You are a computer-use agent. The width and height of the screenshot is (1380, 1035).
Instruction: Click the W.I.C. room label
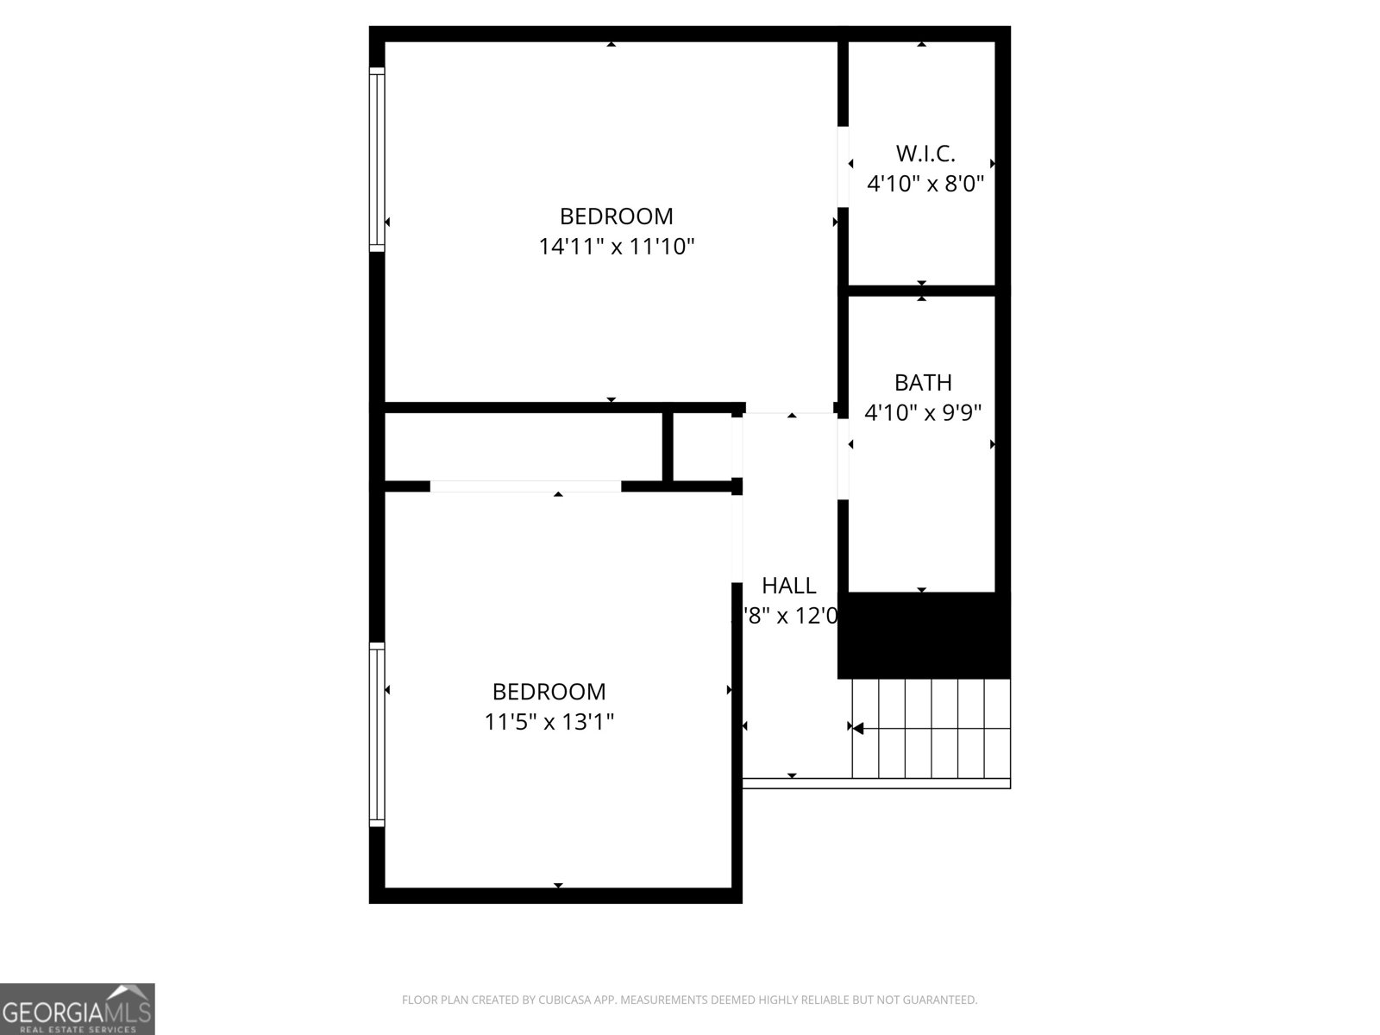(925, 154)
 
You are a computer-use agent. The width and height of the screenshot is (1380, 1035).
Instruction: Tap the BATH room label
(923, 382)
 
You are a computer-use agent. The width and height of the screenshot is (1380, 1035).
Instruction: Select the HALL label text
(788, 586)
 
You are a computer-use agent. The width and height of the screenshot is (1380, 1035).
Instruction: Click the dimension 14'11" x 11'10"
(617, 247)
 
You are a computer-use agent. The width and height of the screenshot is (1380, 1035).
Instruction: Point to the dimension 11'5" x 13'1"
(549, 721)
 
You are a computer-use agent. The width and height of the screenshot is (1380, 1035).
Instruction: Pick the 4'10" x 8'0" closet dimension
(925, 184)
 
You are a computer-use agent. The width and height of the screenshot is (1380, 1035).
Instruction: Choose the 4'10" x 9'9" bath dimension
(923, 412)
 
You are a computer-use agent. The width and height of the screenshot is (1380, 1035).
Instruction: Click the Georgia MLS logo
(77, 1008)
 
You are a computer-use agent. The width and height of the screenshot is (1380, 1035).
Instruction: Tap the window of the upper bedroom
(377, 160)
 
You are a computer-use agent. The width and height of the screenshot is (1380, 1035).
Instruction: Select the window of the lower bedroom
(377, 735)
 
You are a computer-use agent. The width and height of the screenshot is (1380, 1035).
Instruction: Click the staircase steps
(931, 729)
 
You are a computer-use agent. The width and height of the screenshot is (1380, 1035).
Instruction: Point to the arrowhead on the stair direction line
(857, 729)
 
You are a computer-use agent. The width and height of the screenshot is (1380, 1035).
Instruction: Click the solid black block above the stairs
(924, 635)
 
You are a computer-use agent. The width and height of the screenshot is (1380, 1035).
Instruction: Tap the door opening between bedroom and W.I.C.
(844, 167)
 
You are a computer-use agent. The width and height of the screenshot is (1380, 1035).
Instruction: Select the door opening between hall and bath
(844, 455)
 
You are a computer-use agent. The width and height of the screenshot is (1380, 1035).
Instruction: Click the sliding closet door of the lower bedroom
(525, 486)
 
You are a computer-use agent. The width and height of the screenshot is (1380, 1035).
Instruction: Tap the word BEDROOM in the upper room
(617, 216)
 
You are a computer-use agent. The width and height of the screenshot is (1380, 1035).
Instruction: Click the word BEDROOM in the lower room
(549, 691)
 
